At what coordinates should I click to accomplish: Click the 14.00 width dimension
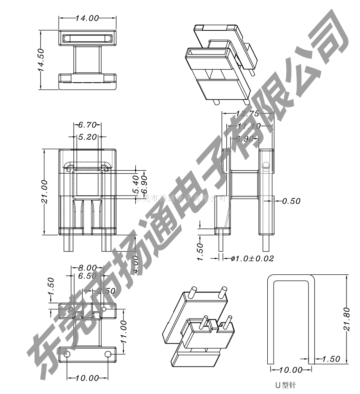pyautogui.click(x=87, y=18)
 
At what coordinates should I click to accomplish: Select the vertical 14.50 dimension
pyautogui.click(x=41, y=60)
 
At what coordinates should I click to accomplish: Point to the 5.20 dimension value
pyautogui.click(x=87, y=137)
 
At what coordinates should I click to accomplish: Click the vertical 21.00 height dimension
pyautogui.click(x=45, y=192)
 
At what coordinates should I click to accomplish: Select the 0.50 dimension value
pyautogui.click(x=291, y=201)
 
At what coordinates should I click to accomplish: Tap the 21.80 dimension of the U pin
pyautogui.click(x=347, y=319)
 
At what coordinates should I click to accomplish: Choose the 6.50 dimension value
pyautogui.click(x=87, y=276)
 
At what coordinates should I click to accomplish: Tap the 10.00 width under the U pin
pyautogui.click(x=291, y=370)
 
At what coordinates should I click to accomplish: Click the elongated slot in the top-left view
pyautogui.click(x=87, y=38)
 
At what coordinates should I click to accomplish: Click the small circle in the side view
pyautogui.click(x=265, y=164)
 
